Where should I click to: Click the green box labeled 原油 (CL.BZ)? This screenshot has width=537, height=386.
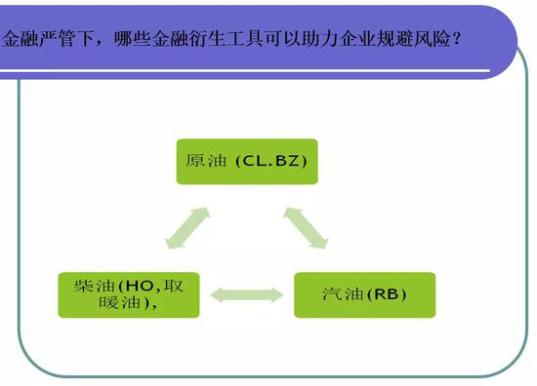(x=247, y=162)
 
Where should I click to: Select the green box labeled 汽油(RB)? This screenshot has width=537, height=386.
(x=365, y=294)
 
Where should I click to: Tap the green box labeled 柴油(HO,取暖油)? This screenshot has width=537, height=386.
(x=129, y=294)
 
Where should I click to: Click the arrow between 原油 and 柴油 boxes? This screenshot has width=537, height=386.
(x=187, y=228)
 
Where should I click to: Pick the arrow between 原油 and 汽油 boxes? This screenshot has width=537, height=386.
(x=306, y=228)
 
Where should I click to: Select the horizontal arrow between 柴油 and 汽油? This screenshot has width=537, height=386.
(x=247, y=294)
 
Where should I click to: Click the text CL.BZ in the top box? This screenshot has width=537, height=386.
(x=270, y=161)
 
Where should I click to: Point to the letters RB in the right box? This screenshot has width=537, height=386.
(x=387, y=294)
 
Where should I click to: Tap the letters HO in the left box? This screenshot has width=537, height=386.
(x=140, y=287)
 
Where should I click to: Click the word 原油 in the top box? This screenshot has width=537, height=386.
(x=206, y=161)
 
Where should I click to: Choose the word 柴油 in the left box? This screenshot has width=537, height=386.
(x=94, y=286)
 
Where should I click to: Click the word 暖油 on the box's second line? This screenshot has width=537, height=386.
(x=119, y=302)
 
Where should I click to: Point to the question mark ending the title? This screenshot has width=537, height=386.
(x=456, y=39)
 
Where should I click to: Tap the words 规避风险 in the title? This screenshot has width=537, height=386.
(x=413, y=39)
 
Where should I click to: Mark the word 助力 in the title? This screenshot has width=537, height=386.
(x=321, y=39)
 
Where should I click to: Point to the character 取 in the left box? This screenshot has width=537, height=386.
(x=173, y=286)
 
